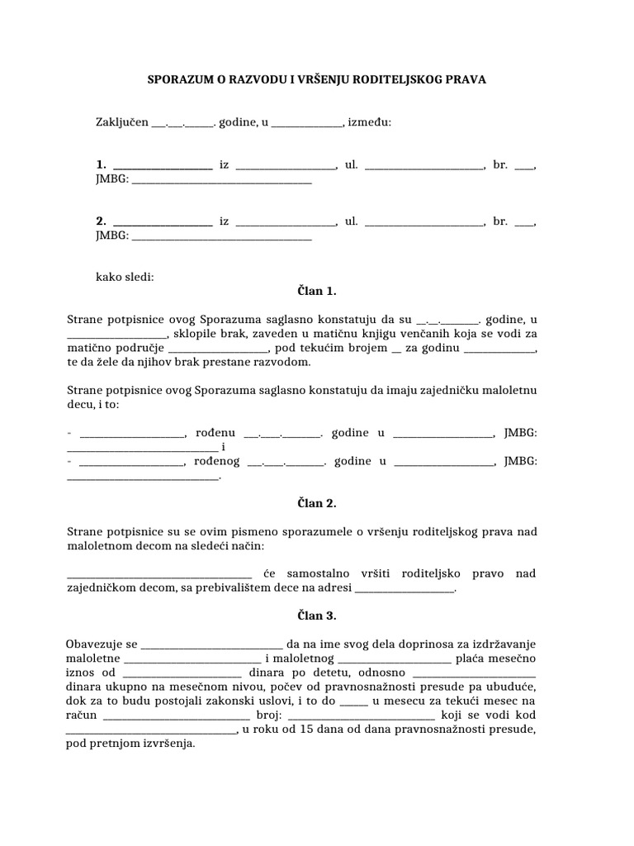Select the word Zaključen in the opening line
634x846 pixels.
pyautogui.click(x=121, y=123)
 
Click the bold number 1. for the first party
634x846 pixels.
pyautogui.click(x=102, y=165)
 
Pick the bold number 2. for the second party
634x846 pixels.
pyautogui.click(x=102, y=221)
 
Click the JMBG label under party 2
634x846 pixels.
pyautogui.click(x=111, y=235)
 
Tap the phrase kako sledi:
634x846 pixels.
pyautogui.click(x=125, y=278)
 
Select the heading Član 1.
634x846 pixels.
pyautogui.click(x=317, y=292)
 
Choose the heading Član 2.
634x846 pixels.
pyautogui.click(x=317, y=502)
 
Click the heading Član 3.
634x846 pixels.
pyautogui.click(x=317, y=615)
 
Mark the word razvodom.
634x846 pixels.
pyautogui.click(x=283, y=362)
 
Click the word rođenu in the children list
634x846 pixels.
pyautogui.click(x=217, y=433)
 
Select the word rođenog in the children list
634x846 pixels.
pyautogui.click(x=219, y=461)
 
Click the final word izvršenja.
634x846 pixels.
pyautogui.click(x=168, y=744)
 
